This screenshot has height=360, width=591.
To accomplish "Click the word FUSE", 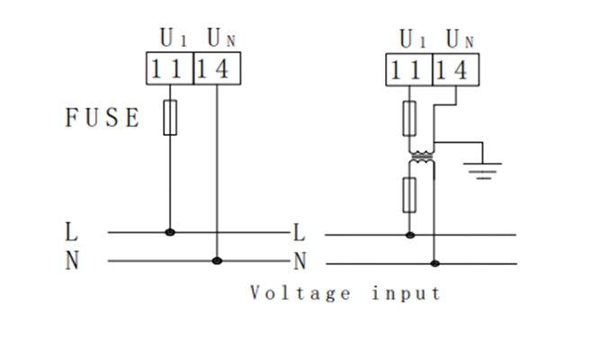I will click(103, 118).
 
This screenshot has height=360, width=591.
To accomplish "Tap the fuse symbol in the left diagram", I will click(170, 118).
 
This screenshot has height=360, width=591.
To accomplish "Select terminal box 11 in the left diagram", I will click(169, 68).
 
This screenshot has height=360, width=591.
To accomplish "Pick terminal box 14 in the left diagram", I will click(217, 68).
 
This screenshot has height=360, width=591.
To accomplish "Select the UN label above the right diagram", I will click(460, 39).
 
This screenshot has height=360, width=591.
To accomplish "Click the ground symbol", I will click(484, 168).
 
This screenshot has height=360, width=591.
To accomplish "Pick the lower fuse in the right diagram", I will click(411, 193).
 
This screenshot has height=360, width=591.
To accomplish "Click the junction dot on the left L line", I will click(170, 232).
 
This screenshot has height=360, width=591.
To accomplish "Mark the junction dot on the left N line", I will click(217, 261).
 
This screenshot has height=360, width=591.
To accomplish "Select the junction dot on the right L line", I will click(411, 235).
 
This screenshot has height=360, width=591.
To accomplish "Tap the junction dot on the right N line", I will click(434, 264).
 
